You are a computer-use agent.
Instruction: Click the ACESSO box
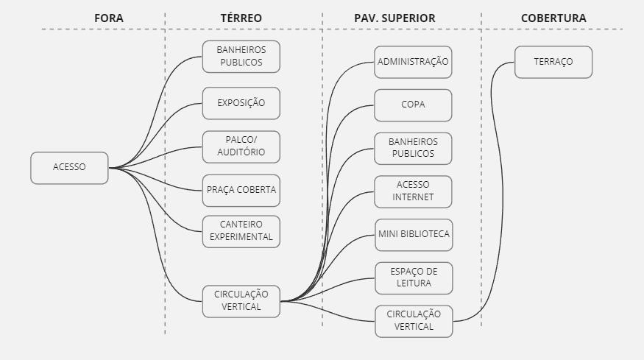[69, 168]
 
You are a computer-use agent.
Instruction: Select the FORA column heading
[109, 18]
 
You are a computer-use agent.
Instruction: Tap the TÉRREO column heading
[241, 18]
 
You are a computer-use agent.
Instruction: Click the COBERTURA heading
[553, 18]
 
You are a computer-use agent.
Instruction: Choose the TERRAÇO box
[553, 63]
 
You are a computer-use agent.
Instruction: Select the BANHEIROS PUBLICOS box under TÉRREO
[241, 57]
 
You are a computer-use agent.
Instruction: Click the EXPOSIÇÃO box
[241, 103]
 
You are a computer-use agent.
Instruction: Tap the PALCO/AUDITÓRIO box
[241, 147]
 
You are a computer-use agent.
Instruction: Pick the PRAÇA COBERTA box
[241, 190]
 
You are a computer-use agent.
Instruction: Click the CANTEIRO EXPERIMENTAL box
[241, 231]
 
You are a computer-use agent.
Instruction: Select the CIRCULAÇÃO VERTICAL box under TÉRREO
[241, 301]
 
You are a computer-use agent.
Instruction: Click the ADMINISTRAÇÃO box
[413, 63]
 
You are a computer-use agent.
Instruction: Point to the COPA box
[413, 105]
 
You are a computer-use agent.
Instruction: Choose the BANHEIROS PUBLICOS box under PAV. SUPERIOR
[413, 148]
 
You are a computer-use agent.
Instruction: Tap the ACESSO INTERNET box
[413, 191]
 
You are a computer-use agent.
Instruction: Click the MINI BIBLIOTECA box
[413, 235]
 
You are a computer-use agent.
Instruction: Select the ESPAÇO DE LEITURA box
[413, 278]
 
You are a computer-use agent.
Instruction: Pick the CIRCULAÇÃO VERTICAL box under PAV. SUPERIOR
[413, 321]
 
